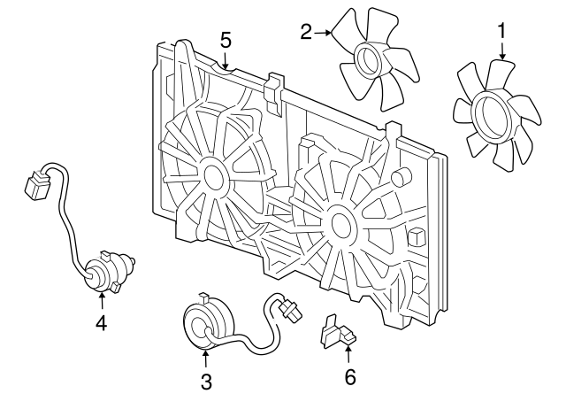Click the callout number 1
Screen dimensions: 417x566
pos(502,32)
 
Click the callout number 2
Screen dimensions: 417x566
pos(306,33)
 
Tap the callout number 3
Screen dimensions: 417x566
pos(206,382)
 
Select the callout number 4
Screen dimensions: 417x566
pos(101,324)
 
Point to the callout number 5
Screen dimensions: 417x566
pos(226,39)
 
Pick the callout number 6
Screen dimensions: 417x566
pos(349,378)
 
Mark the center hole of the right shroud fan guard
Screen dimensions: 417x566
pos(338,224)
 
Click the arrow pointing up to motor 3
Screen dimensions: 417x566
pos(206,359)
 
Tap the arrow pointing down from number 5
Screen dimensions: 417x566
pos(226,61)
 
